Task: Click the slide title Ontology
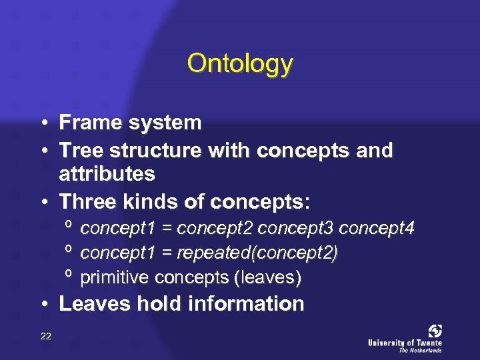[240, 63]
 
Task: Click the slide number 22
[45, 335]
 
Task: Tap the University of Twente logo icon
[435, 331]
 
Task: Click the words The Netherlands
[421, 349]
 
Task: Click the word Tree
[77, 151]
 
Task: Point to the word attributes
[107, 175]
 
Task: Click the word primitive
[115, 277]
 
